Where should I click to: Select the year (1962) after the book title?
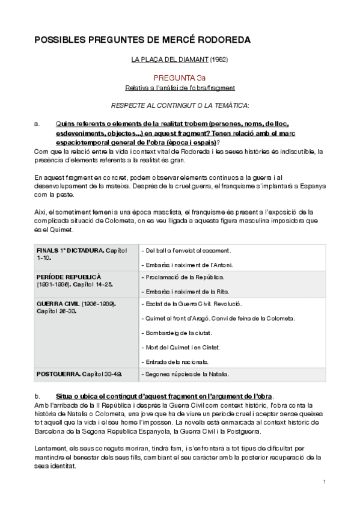click(x=219, y=60)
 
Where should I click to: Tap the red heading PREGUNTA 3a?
click(x=180, y=78)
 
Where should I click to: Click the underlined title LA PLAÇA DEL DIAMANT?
click(x=169, y=60)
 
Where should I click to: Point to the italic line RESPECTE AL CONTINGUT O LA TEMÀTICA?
click(x=180, y=105)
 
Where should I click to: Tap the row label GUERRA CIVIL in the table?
click(x=58, y=304)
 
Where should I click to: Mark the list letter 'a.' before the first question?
click(x=37, y=124)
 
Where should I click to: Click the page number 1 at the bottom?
click(x=324, y=482)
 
